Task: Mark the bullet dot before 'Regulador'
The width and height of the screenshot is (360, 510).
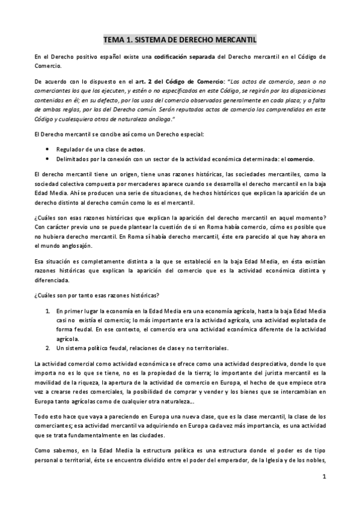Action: pyautogui.click(x=48, y=149)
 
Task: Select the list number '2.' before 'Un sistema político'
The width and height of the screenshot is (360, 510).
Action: pyautogui.click(x=48, y=348)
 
